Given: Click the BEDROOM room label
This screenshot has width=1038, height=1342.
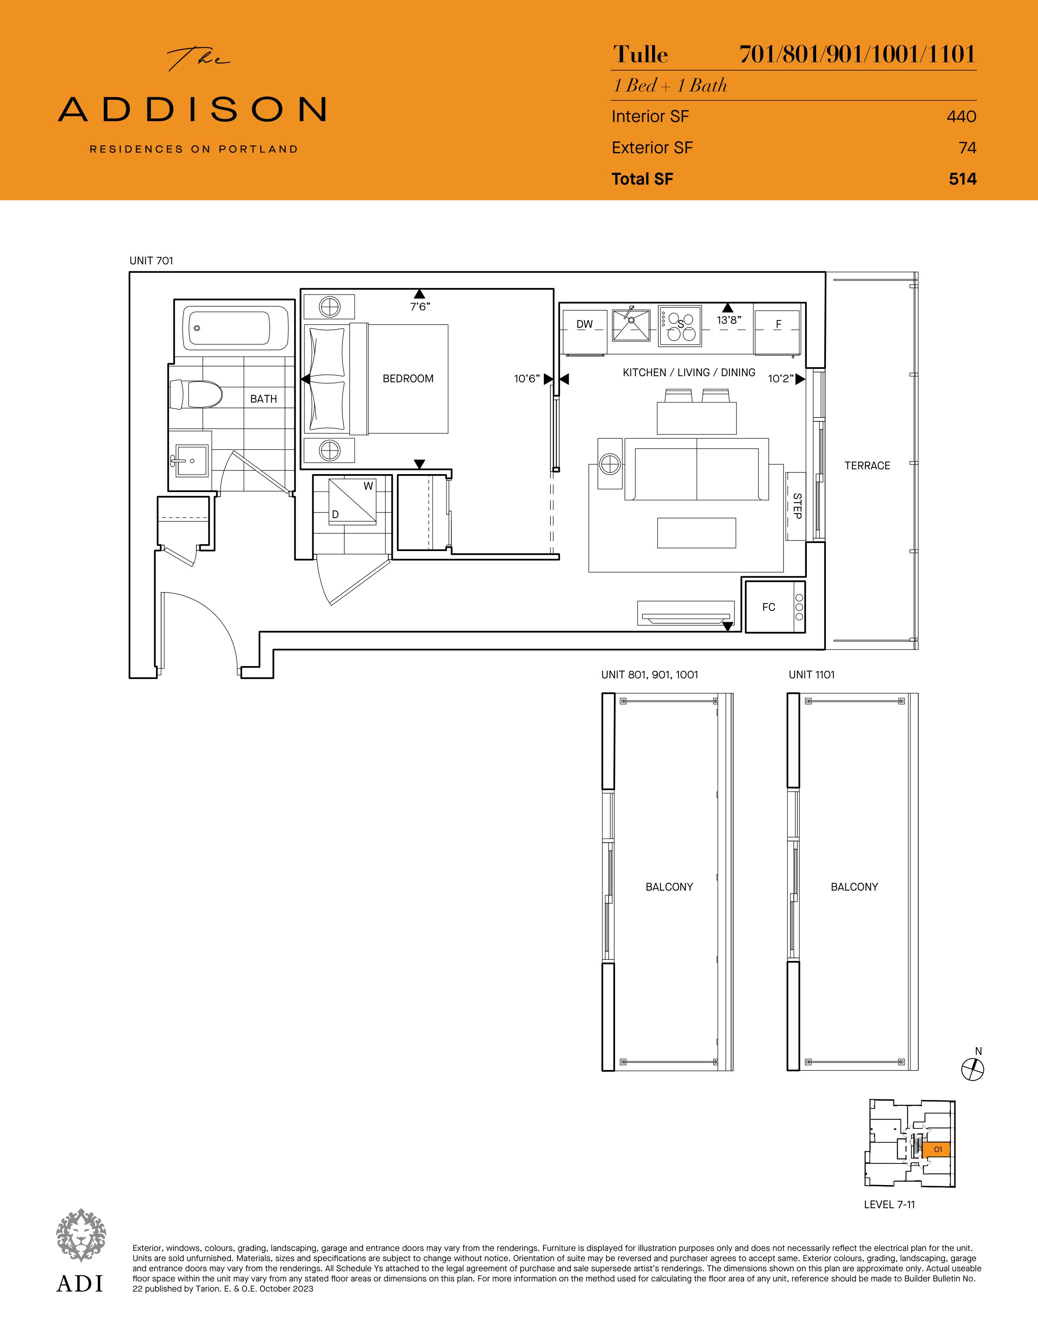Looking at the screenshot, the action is pos(408,379).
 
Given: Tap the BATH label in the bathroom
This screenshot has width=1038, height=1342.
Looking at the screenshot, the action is pos(263,399).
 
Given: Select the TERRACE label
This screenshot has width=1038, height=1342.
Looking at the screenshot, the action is pos(867,466).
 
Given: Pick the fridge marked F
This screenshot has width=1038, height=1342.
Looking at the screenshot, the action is pos(778,332).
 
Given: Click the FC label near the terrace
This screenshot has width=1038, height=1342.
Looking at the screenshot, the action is pos(769,607).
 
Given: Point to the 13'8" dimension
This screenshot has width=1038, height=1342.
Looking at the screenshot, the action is pos(729,320).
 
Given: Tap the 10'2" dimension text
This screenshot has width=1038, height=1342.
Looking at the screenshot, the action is pos(780,379).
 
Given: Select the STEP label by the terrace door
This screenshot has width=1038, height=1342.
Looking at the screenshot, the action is pos(797,506).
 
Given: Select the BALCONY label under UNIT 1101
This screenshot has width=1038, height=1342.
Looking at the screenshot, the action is pos(854,887).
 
